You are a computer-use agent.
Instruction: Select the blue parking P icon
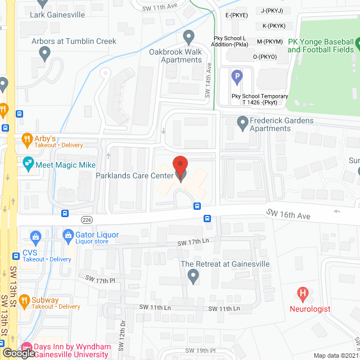coord(238,75)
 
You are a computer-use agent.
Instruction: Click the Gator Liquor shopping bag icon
coord(68,235)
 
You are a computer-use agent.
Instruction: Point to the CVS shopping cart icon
coord(35,237)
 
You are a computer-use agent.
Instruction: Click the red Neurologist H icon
coord(303,293)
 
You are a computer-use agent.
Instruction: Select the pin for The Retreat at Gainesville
coord(193,276)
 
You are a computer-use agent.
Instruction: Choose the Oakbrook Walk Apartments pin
coord(189,37)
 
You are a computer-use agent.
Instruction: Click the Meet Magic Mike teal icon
coord(26,164)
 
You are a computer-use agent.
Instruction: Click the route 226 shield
coord(86,219)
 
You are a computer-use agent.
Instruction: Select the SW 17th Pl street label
coord(100,279)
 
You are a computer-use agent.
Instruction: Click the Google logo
coord(17,353)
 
